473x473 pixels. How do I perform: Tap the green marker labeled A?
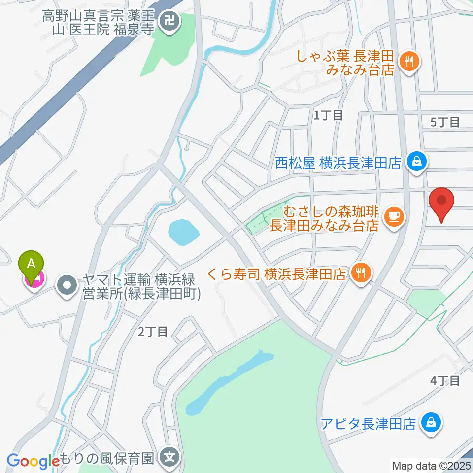pyautogui.click(x=31, y=266)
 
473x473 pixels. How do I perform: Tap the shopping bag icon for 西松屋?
pyautogui.click(x=417, y=161)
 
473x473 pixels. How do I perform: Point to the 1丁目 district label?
pyautogui.click(x=329, y=116)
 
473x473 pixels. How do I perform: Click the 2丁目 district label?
pyautogui.click(x=153, y=332)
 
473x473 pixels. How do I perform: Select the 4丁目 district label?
pyautogui.click(x=445, y=380)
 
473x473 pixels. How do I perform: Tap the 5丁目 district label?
pyautogui.click(x=444, y=122)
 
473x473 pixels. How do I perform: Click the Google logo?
pyautogui.click(x=33, y=461)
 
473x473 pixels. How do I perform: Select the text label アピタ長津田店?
pyautogui.click(x=368, y=424)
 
